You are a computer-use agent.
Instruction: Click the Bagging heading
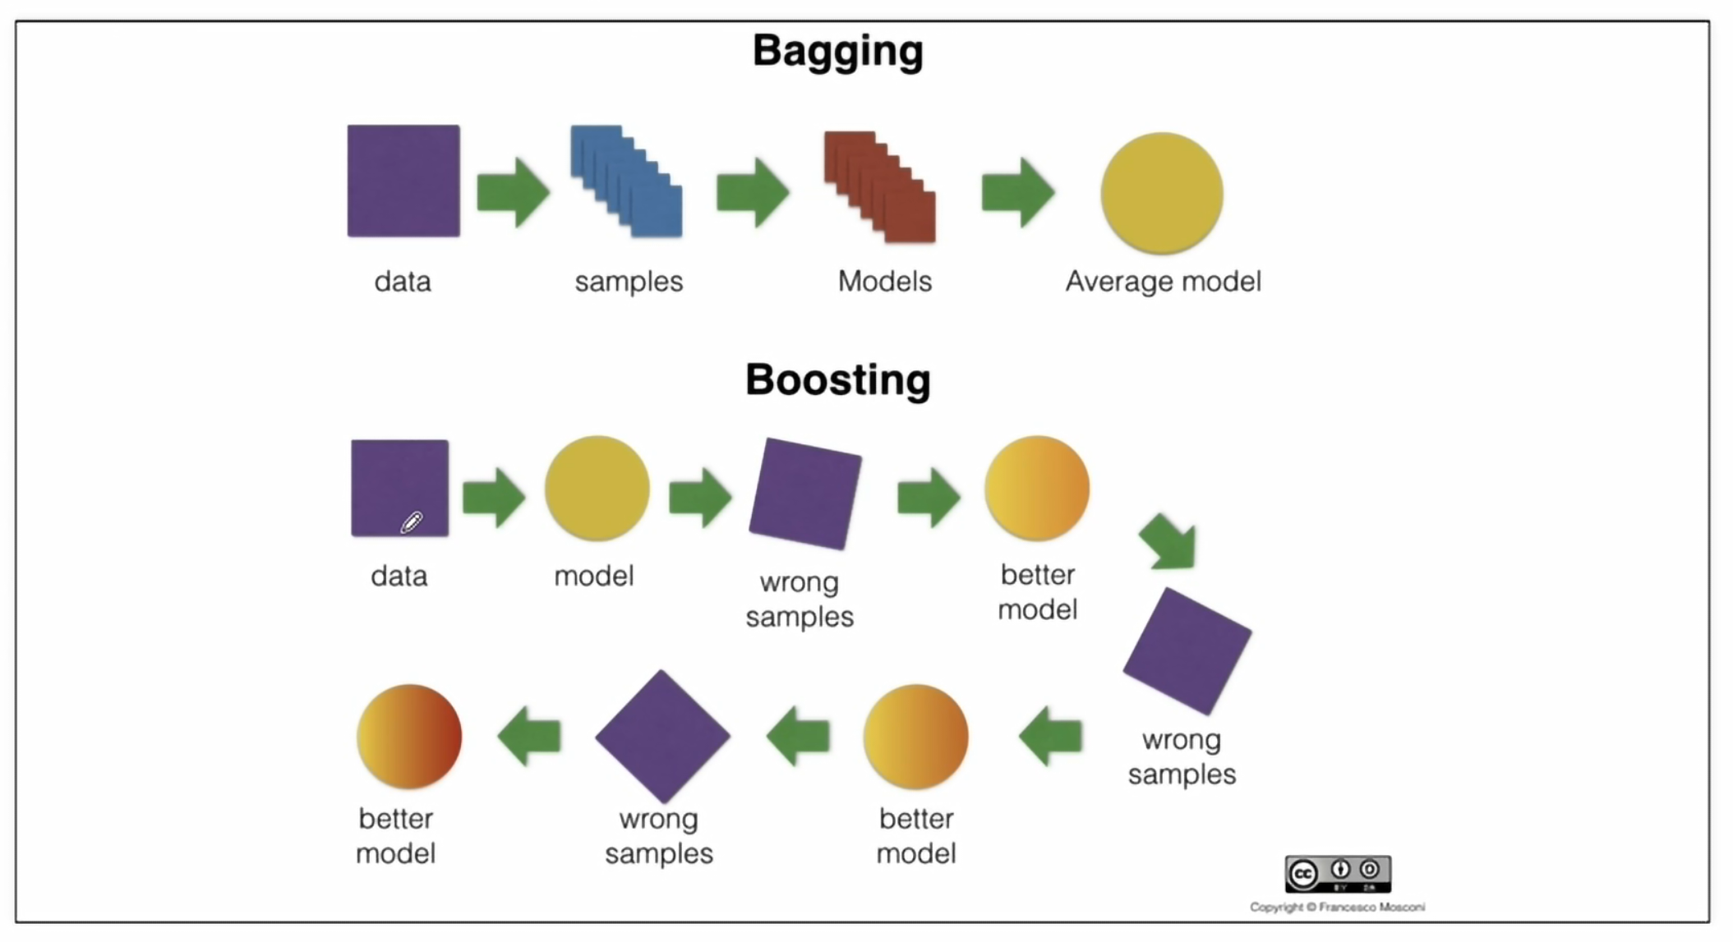[x=837, y=51]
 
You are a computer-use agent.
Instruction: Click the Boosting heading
[x=837, y=380]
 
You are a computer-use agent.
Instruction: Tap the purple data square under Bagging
[x=403, y=181]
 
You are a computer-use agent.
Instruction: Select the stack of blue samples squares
[x=627, y=182]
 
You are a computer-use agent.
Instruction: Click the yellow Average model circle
[x=1161, y=193]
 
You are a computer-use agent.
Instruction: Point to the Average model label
[x=1163, y=282]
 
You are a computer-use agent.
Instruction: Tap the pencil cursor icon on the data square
[x=412, y=522]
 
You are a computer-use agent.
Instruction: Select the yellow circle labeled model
[x=597, y=488]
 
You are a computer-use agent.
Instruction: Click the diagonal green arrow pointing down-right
[x=1168, y=542]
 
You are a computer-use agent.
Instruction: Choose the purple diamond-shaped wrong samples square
[x=662, y=736]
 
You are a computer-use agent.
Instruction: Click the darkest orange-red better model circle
[x=409, y=736]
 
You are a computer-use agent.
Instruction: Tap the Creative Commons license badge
[x=1338, y=874]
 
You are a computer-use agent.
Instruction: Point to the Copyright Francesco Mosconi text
[x=1337, y=908]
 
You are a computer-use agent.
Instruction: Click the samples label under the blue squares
[x=629, y=282]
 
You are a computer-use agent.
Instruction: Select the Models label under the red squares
[x=884, y=282]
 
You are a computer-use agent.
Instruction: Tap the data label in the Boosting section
[x=399, y=577]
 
